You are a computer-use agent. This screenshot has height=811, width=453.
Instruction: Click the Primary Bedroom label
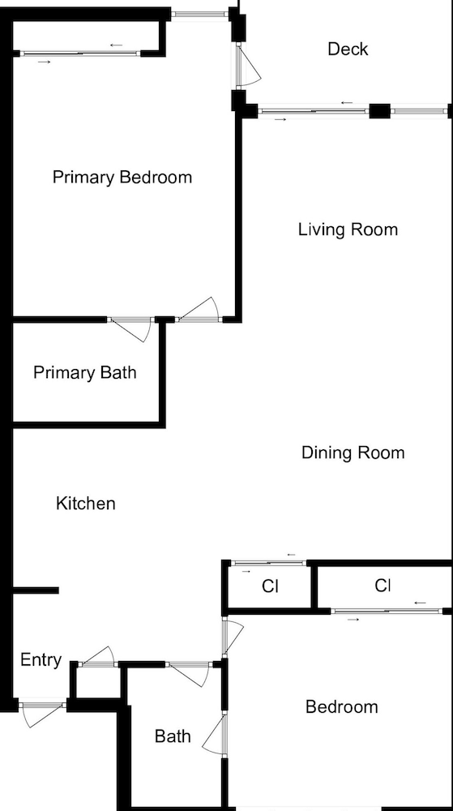coord(122,178)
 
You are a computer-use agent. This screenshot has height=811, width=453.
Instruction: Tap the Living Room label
coord(348,230)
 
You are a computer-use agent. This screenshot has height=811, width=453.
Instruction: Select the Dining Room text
coord(353,453)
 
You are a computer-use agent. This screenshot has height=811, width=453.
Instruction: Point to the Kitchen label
coord(86,504)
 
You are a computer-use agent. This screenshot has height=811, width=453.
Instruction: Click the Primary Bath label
coord(85,372)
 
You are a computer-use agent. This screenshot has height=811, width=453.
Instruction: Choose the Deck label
coord(348,49)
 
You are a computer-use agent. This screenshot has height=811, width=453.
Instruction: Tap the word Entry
coord(41,660)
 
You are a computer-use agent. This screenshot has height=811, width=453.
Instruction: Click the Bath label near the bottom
coord(173,736)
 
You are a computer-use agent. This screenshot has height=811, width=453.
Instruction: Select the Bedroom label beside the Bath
coord(341,706)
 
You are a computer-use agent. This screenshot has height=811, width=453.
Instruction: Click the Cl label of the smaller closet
coord(270,586)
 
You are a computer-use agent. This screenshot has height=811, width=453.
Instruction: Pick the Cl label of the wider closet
coord(382,586)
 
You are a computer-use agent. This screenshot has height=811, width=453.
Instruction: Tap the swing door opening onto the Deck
coord(248,66)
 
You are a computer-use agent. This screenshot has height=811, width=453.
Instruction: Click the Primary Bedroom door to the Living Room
coord(199,311)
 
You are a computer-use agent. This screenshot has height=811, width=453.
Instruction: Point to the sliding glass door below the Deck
coord(314,111)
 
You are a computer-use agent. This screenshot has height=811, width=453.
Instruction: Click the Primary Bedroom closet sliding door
coord(80,54)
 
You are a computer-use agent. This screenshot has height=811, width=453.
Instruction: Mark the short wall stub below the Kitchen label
coord(35,590)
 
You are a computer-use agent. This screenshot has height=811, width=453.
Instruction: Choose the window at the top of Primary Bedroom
coord(200,14)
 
